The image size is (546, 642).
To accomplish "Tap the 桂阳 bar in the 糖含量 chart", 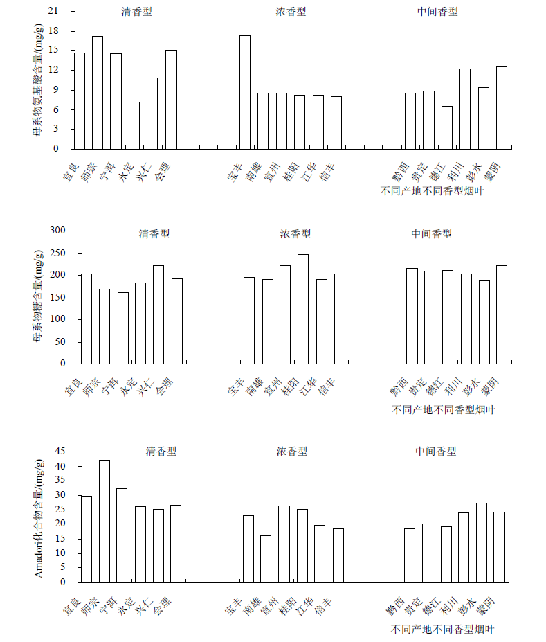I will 303,308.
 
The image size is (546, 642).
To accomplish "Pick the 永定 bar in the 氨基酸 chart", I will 134,125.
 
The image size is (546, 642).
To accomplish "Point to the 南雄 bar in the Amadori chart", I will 266,558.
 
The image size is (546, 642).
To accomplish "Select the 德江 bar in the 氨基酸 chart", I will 446,127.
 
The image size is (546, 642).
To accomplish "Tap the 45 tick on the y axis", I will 60,452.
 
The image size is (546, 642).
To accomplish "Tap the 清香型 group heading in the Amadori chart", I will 161,451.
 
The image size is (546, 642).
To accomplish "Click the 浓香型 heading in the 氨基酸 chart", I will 291,12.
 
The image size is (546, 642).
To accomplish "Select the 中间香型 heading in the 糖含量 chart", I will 431,234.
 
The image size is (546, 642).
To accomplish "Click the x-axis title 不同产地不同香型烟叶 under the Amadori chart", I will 442,630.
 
